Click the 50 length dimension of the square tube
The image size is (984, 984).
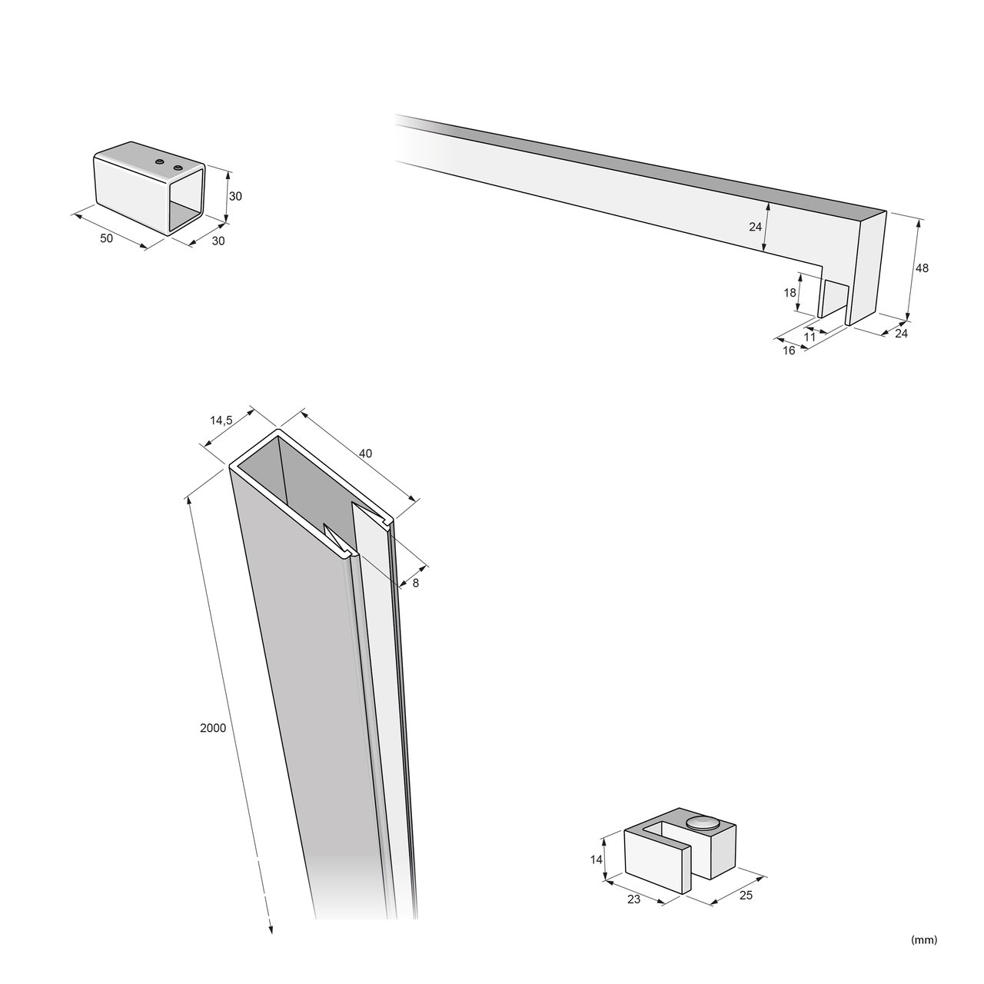click(x=106, y=238)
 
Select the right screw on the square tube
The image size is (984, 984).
click(x=178, y=168)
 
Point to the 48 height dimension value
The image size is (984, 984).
click(x=922, y=268)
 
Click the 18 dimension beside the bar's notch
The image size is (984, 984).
click(x=790, y=293)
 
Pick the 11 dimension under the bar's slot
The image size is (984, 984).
click(x=809, y=337)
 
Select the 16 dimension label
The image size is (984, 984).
click(x=790, y=351)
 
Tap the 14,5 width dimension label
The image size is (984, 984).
click(x=221, y=421)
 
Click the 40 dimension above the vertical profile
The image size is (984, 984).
click(x=366, y=453)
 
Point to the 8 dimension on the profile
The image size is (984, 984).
click(x=416, y=583)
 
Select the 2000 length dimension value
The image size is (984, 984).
click(x=213, y=728)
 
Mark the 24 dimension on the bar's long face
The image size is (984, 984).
click(x=755, y=227)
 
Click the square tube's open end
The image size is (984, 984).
click(x=186, y=199)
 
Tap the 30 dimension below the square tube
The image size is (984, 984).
click(x=218, y=241)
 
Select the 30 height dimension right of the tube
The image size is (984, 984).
click(x=235, y=195)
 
